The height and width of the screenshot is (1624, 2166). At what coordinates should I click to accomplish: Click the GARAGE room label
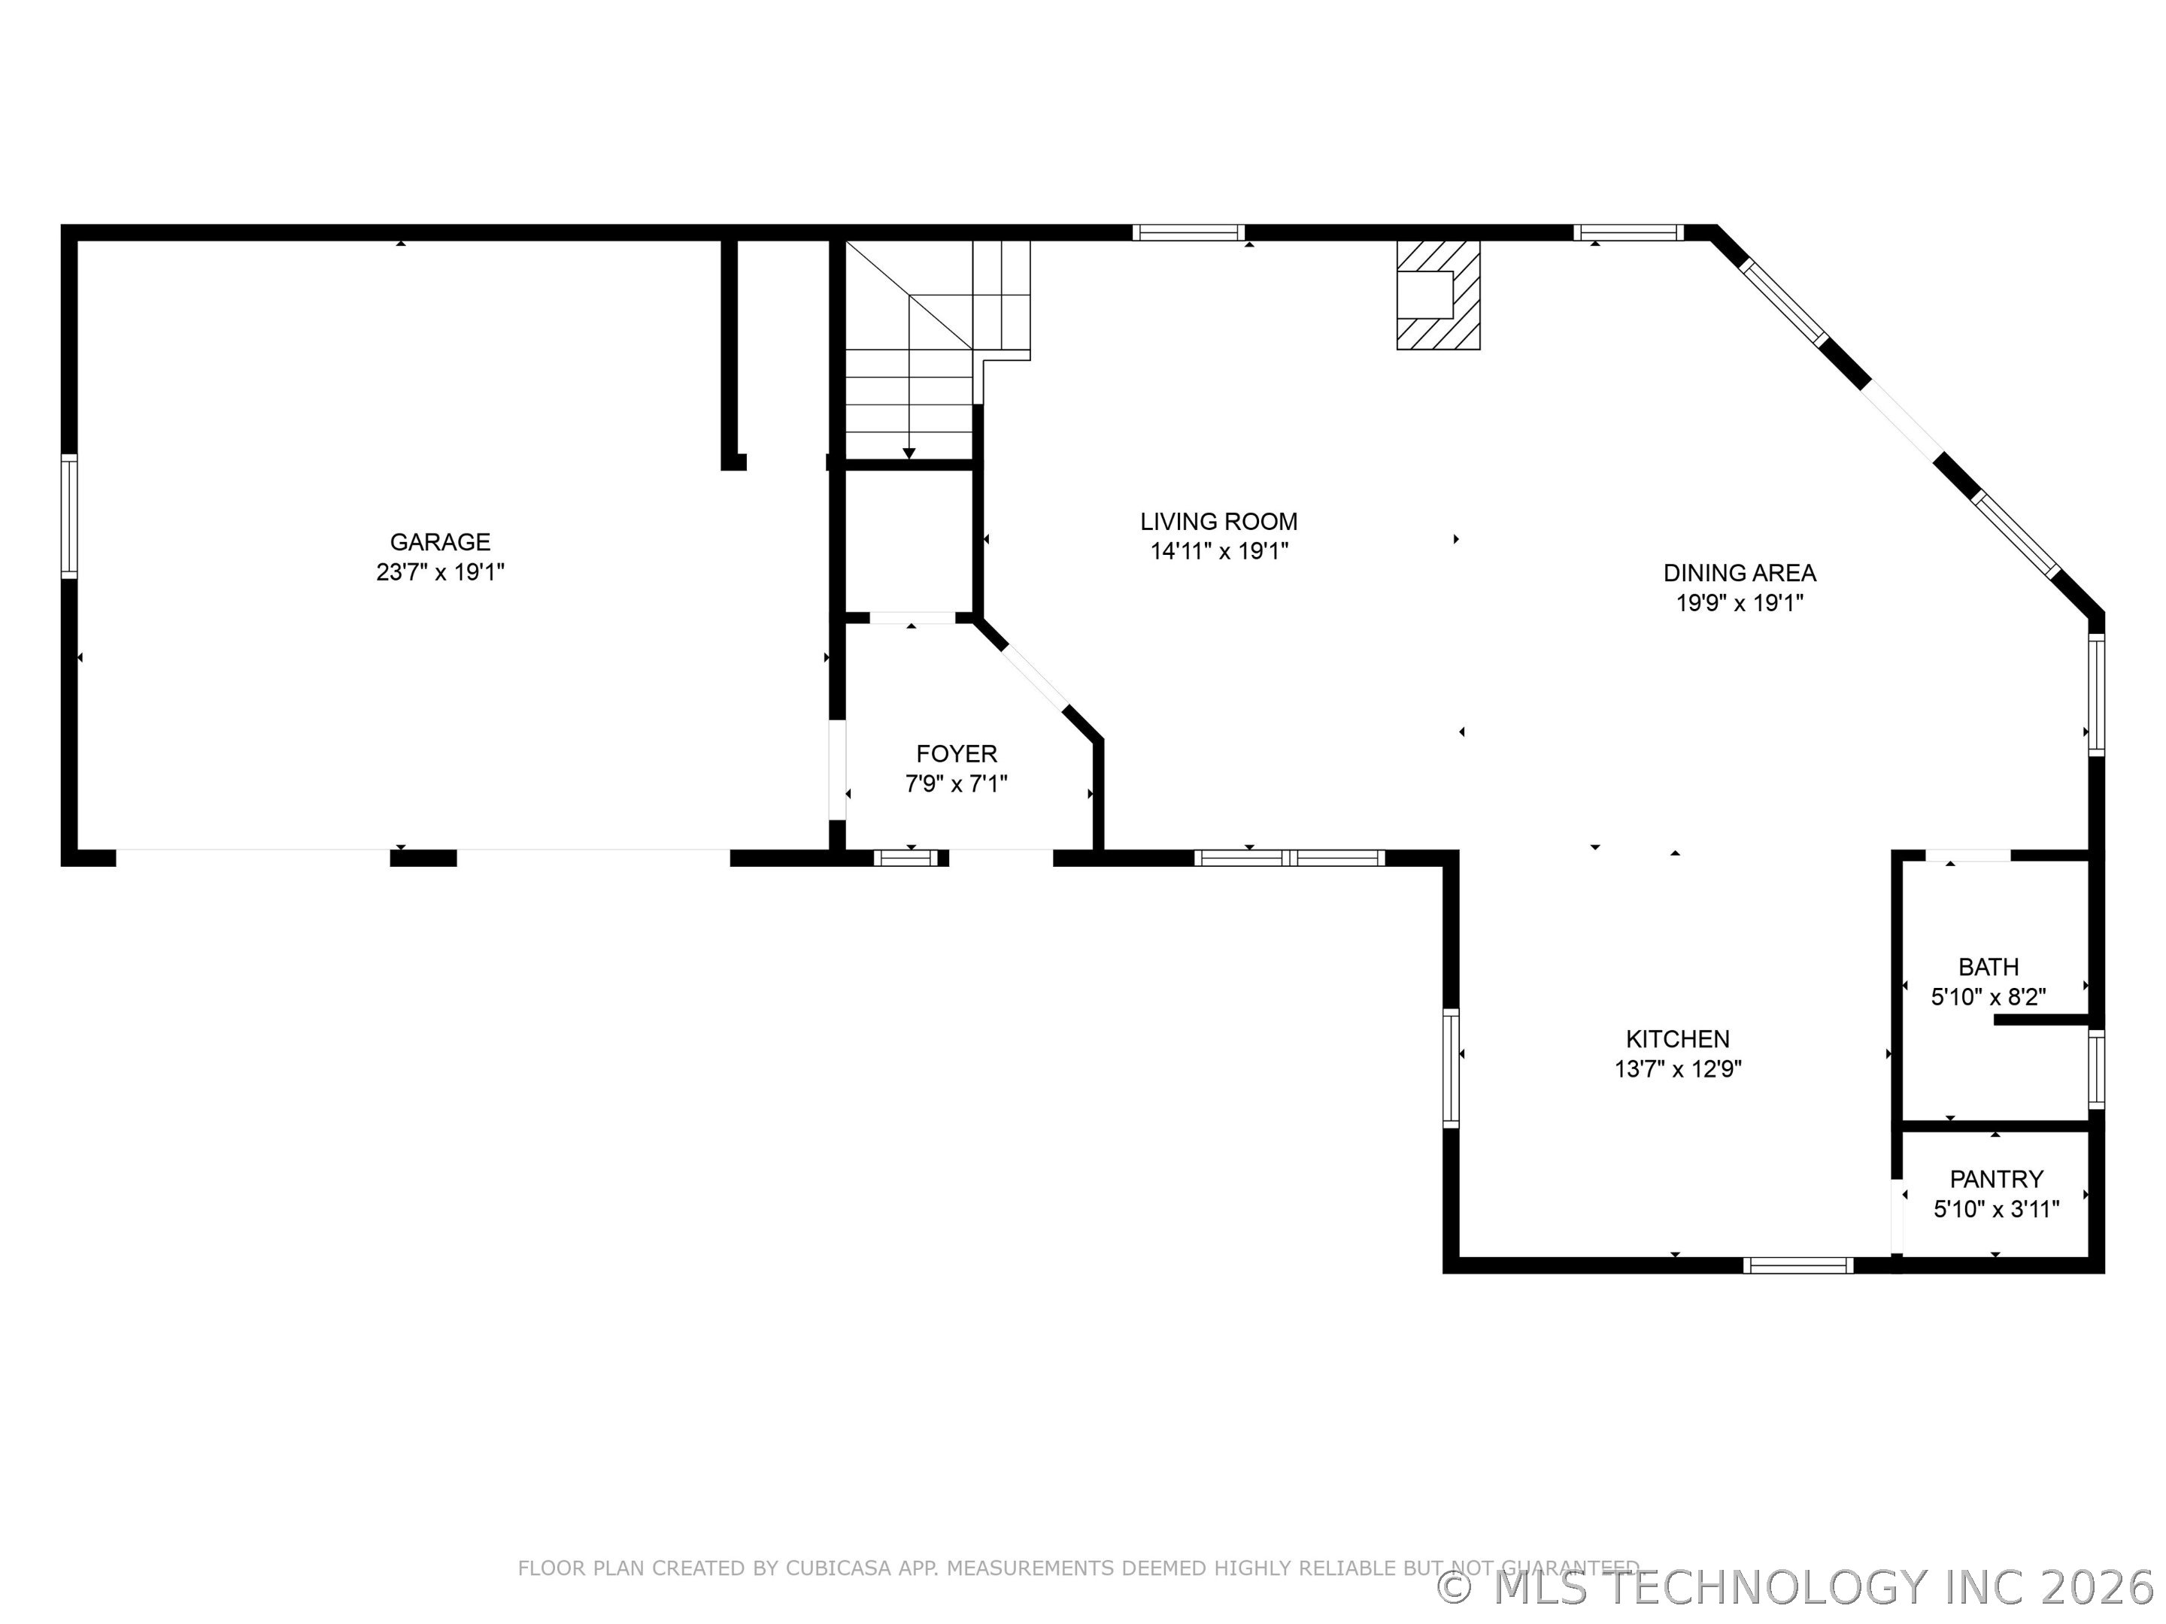coord(440,541)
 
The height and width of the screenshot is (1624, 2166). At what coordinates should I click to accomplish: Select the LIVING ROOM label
coord(1218,522)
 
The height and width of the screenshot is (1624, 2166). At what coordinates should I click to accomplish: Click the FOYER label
coord(957,754)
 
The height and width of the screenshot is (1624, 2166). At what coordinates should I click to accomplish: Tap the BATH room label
coord(1988,967)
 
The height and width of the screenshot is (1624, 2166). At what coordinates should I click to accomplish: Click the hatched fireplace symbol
coord(1437,295)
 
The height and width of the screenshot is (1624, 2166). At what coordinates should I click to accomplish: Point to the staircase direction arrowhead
coord(909,453)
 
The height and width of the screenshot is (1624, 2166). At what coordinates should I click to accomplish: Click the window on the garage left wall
coord(68,516)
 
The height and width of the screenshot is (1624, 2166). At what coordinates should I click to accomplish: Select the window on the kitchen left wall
coord(1452,1068)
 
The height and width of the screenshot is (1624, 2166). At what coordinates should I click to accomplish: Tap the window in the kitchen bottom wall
coord(1797,1265)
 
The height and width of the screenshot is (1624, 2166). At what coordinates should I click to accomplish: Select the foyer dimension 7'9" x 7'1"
coord(957,784)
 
